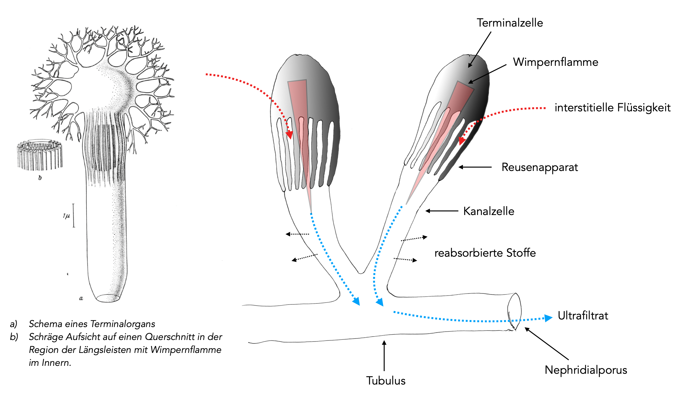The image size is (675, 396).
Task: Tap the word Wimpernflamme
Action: [x=555, y=62]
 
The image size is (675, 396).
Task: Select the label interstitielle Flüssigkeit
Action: [x=612, y=108]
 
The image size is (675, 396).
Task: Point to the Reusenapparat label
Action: [x=540, y=167]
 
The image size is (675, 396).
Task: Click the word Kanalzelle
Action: [x=489, y=211]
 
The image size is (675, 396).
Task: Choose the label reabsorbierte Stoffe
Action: [x=485, y=253]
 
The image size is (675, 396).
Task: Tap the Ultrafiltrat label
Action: [x=583, y=316]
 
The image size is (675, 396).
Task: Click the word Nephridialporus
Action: [x=586, y=370]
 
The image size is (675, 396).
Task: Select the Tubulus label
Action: [x=386, y=381]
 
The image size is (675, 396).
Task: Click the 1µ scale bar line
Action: [x=74, y=215]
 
